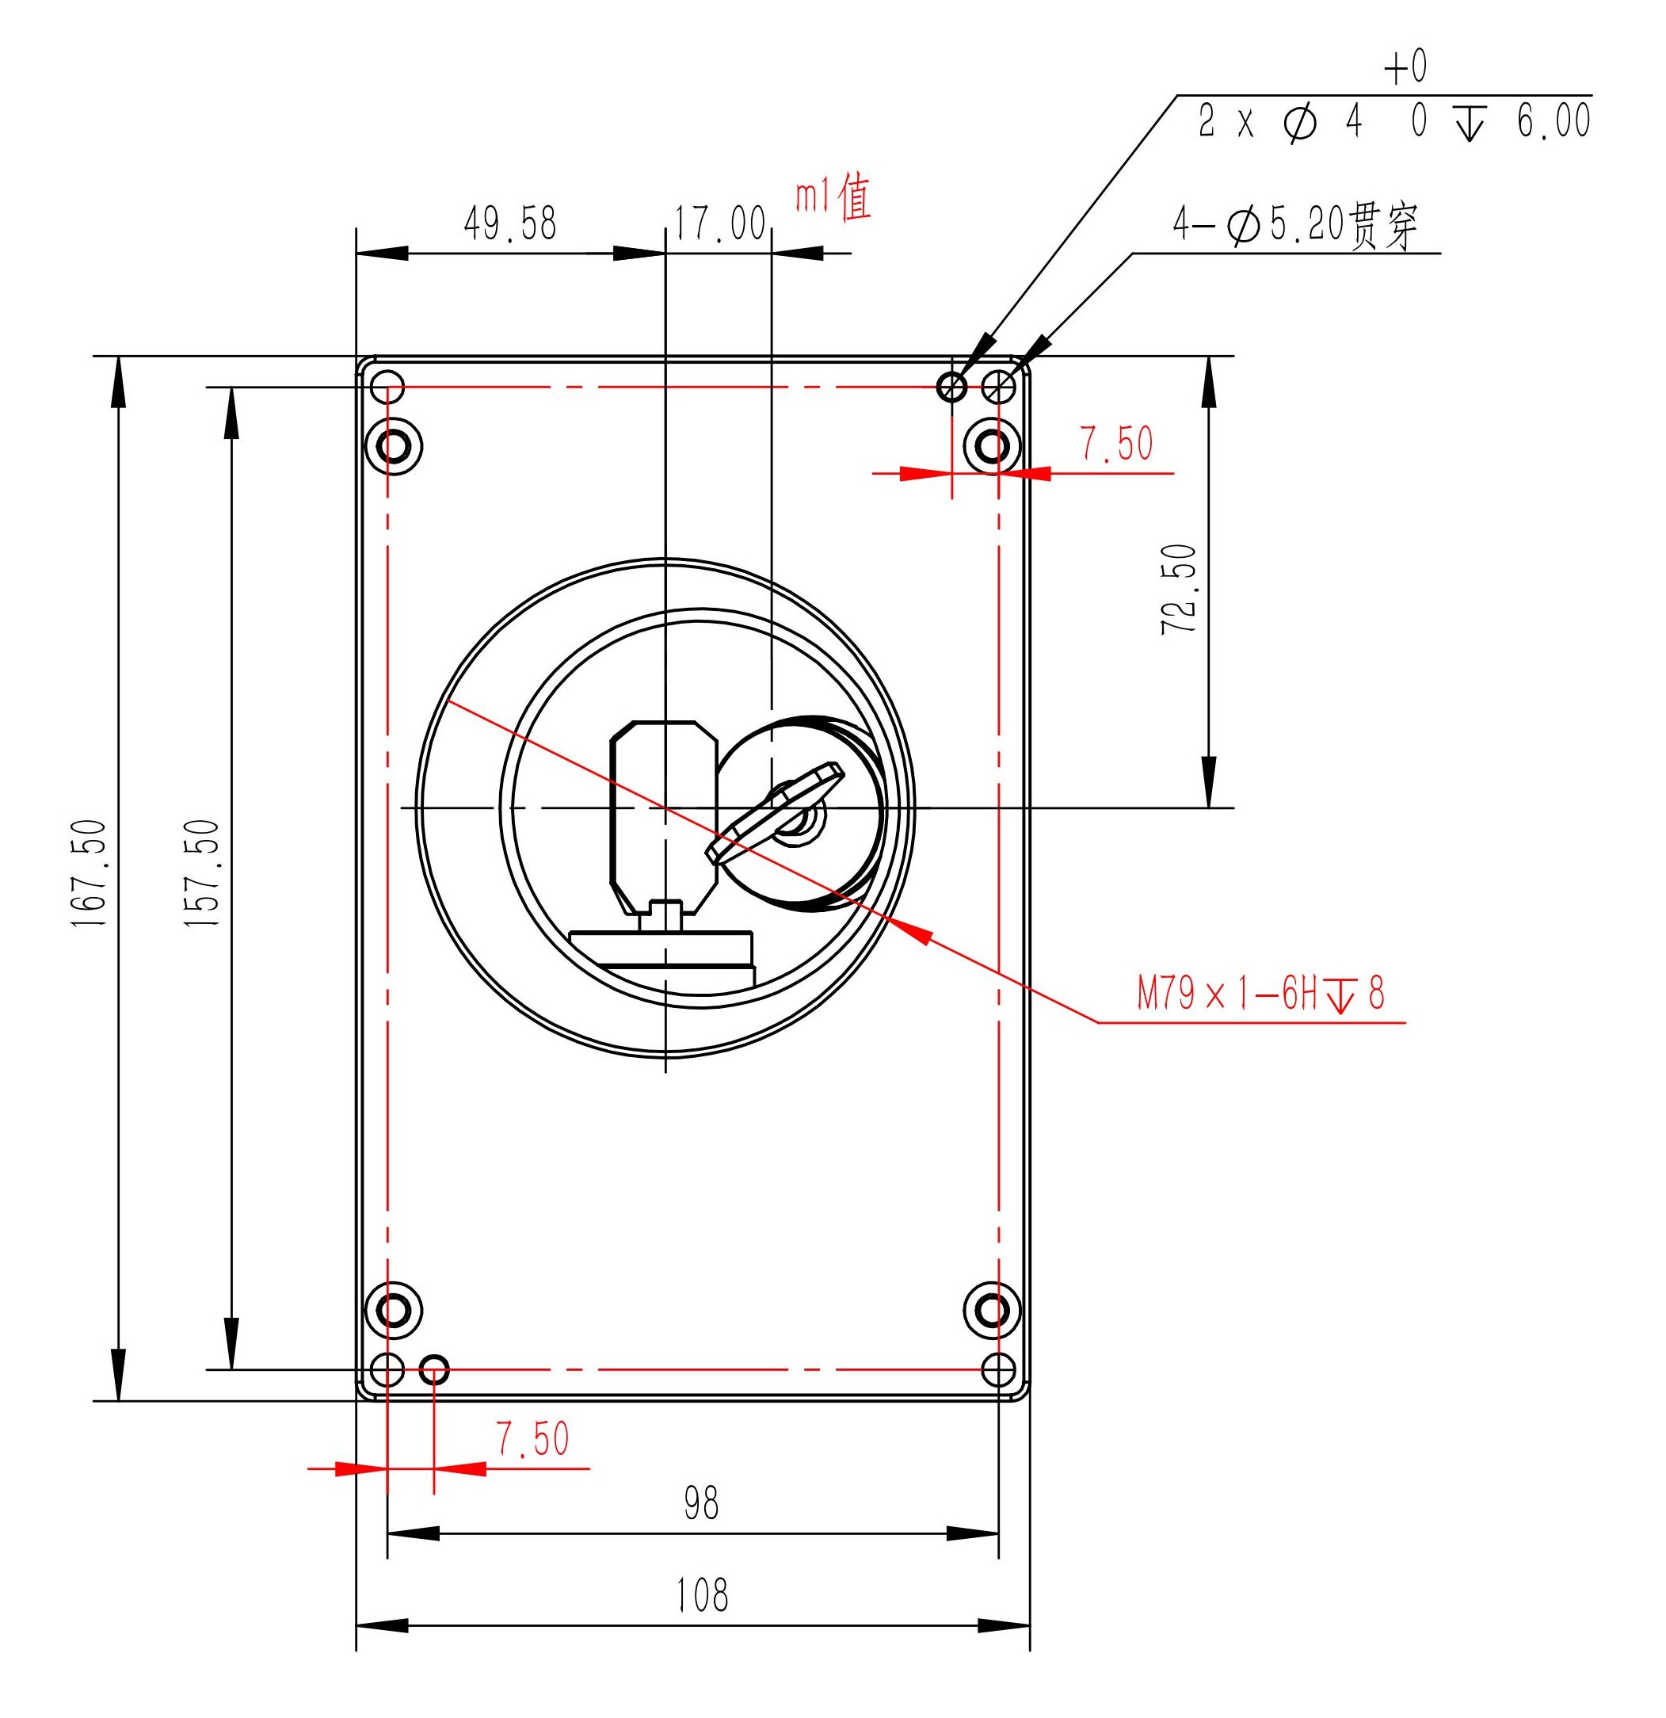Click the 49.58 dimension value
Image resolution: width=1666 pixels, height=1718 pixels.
coord(510,223)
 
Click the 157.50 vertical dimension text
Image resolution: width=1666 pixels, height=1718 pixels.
coord(201,873)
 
